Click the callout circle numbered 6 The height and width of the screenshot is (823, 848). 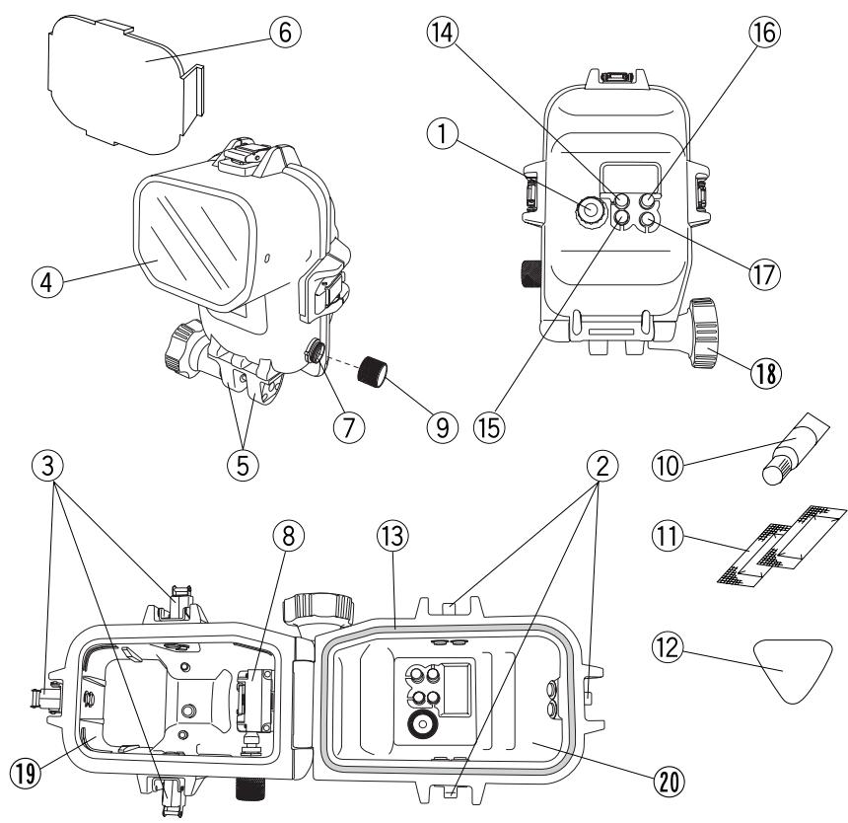click(x=285, y=33)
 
